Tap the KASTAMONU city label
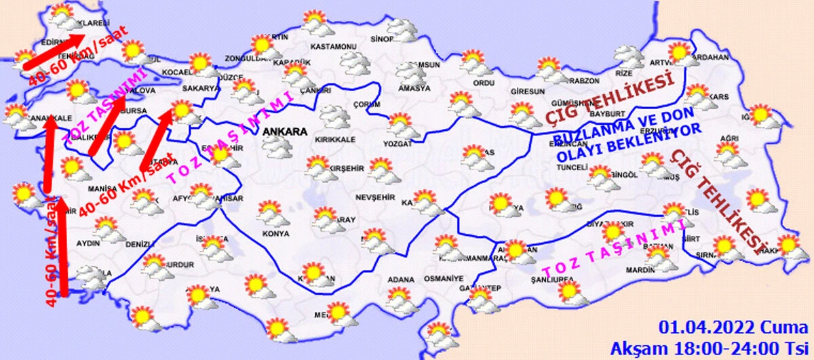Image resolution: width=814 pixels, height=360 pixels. tap(333, 47)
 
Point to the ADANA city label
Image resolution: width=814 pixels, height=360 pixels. tap(400, 278)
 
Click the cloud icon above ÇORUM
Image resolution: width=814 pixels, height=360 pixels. tap(335, 115)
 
